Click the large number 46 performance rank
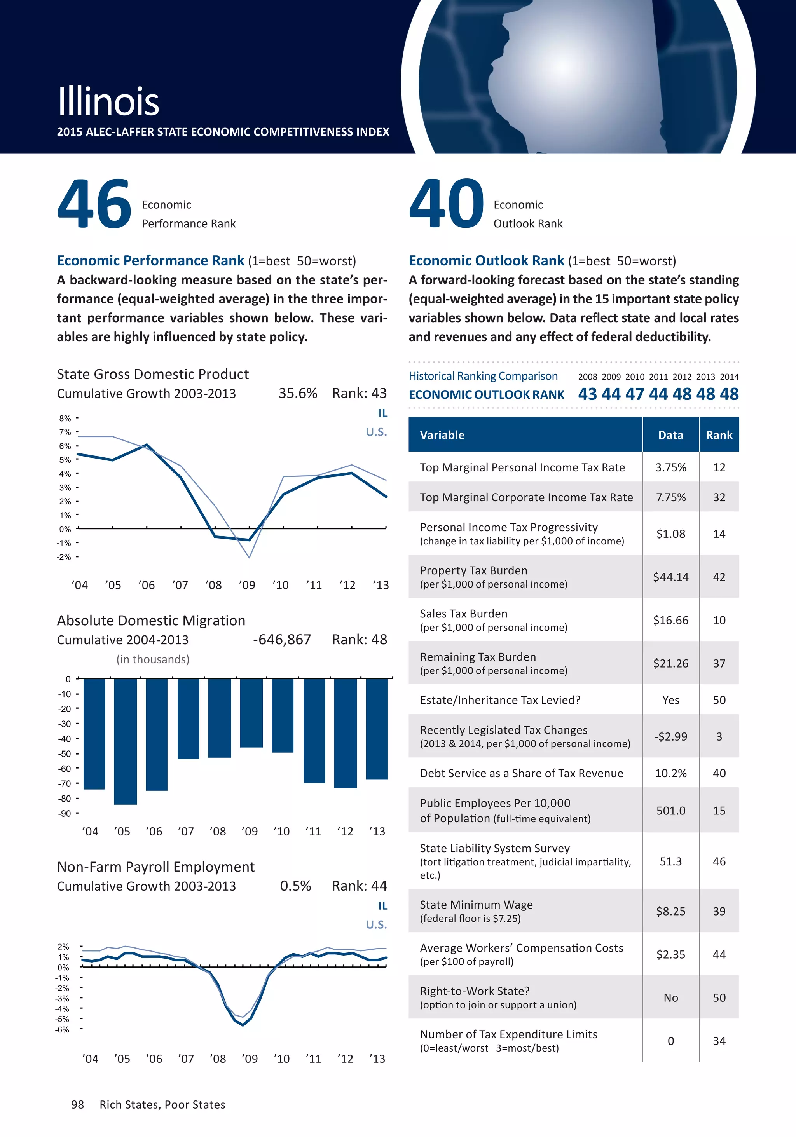coord(94,204)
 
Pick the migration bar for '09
coord(251,713)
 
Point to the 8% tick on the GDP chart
coord(65,419)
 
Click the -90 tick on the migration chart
coord(65,814)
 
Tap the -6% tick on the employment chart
coord(63,1029)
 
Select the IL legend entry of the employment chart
coord(382,906)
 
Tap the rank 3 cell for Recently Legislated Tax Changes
coord(719,737)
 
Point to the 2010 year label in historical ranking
coord(635,377)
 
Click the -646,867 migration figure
coord(282,640)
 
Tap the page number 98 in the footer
coord(78,1105)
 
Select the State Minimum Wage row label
coord(476,905)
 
